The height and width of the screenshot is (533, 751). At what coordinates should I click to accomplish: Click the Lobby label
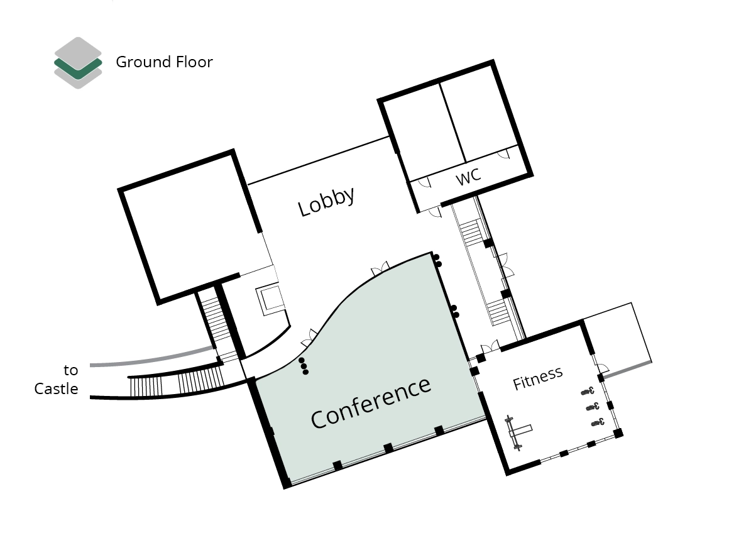click(326, 201)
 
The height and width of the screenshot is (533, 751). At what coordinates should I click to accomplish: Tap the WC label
click(468, 177)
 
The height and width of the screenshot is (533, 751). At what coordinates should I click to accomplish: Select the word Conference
click(371, 402)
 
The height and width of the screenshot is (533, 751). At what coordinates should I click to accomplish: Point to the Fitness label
click(537, 379)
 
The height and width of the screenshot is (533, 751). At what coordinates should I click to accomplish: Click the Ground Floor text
click(164, 62)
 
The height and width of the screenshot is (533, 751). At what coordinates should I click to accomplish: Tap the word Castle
click(56, 388)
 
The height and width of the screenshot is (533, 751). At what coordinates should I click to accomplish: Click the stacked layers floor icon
click(78, 63)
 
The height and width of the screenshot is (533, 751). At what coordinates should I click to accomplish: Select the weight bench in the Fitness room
click(518, 432)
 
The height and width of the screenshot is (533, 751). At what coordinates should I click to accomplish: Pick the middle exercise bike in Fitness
click(593, 407)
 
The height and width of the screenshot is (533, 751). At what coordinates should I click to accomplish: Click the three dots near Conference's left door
click(304, 366)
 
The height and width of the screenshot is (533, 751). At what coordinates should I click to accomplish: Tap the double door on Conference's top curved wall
click(380, 268)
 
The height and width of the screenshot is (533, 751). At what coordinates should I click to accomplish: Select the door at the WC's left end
click(422, 183)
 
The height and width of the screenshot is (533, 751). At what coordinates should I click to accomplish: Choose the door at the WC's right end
click(503, 153)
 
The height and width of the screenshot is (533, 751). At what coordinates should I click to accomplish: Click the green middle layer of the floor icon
click(78, 65)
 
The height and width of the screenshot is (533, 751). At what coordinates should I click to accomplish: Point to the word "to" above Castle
click(71, 370)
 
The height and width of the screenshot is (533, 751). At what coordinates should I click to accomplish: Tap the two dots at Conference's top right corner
click(437, 260)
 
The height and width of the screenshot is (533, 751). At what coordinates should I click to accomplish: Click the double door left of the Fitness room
click(490, 346)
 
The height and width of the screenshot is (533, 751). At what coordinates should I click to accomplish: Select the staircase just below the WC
click(471, 233)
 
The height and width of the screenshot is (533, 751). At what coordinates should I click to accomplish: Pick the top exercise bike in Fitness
click(588, 391)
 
